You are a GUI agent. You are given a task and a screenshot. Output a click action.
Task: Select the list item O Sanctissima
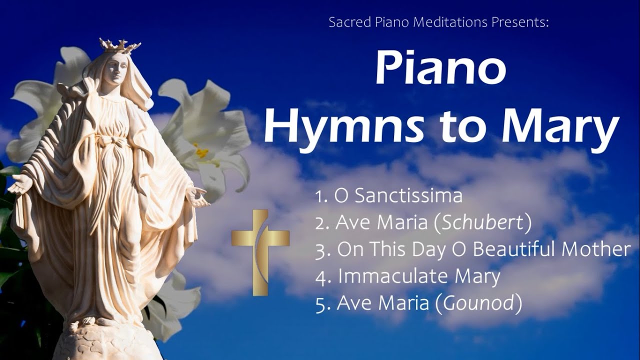click(x=398, y=196)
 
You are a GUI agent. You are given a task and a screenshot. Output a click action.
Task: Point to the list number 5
click(x=320, y=304)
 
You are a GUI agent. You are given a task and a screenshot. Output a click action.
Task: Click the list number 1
click(x=320, y=196)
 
